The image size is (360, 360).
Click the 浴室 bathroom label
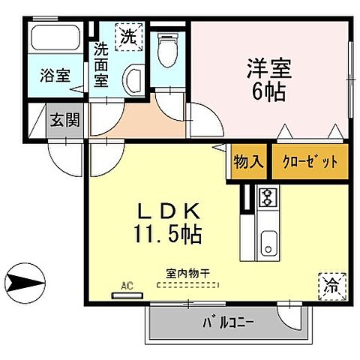tap(55, 76)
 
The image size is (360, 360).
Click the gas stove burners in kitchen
tap(267, 197)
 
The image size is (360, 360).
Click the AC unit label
tap(126, 286)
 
